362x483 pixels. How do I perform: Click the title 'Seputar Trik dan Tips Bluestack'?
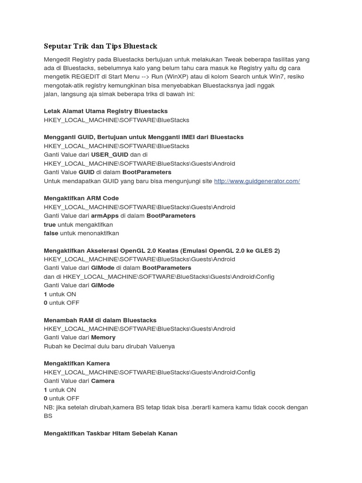[100, 46]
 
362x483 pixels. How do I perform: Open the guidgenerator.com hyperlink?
[257, 181]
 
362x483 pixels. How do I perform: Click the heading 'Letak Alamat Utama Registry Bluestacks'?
[106, 111]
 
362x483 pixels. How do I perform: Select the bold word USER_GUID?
[109, 155]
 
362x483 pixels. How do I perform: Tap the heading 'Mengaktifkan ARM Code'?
[81, 198]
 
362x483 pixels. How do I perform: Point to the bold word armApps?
[105, 216]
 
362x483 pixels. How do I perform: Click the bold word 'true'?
[49, 225]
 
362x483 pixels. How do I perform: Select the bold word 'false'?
[50, 233]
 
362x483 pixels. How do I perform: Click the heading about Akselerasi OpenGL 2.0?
[162, 250]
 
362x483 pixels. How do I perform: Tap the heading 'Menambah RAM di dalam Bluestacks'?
[100, 320]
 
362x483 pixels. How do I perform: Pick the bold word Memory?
[103, 338]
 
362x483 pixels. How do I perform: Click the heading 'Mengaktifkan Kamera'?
[77, 364]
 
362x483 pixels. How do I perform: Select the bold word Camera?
[103, 381]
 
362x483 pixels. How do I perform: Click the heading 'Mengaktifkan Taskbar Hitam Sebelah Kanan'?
[110, 433]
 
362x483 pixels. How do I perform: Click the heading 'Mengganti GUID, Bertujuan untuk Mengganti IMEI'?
[143, 137]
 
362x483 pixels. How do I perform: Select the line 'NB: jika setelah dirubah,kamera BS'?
[176, 407]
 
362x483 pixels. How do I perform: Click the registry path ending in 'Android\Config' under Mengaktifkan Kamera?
[149, 372]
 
